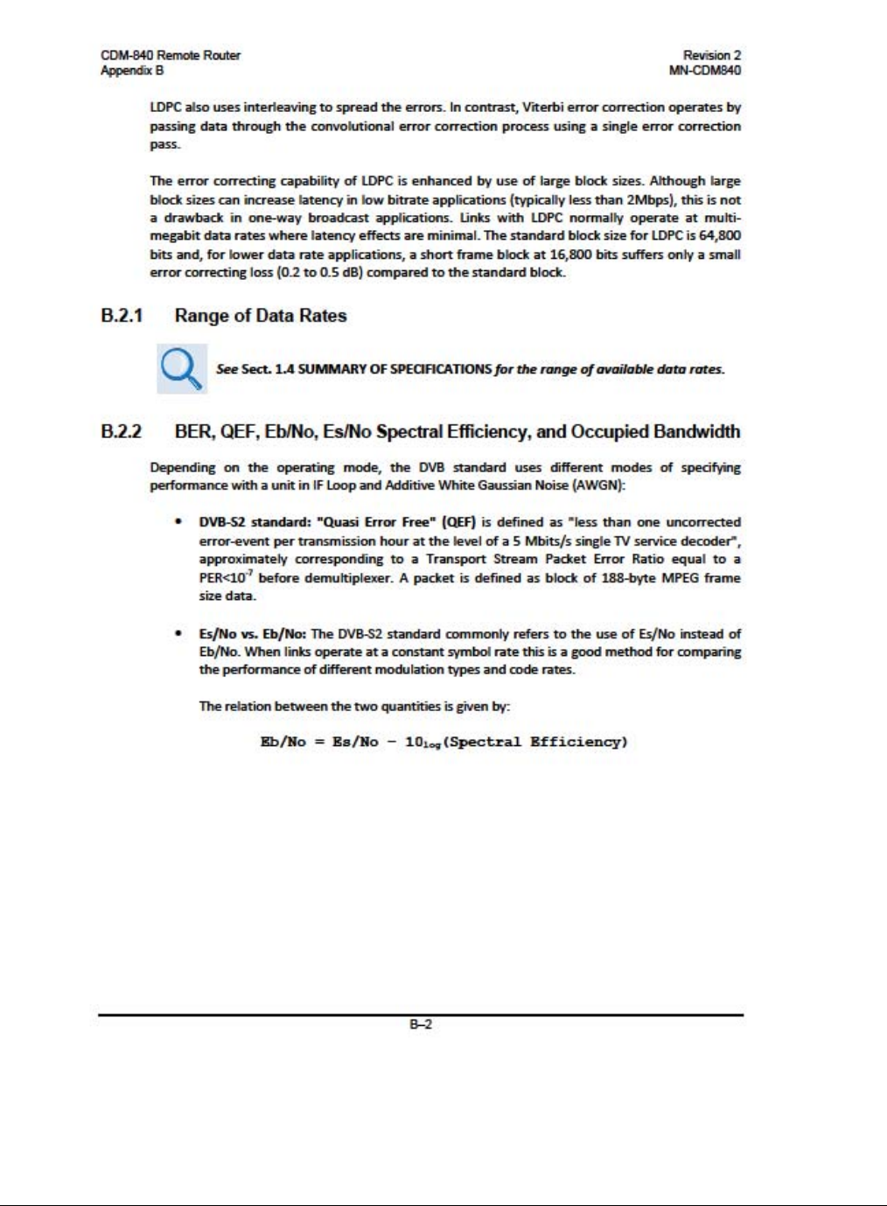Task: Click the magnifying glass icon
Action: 182,368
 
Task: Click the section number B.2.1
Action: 122,316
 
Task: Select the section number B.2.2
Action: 122,431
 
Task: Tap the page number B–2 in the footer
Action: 421,1024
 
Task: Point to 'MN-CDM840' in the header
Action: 704,70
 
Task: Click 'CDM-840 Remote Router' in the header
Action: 171,55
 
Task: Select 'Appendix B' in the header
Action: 132,70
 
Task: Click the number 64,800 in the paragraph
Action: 720,235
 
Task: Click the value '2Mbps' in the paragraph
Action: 650,199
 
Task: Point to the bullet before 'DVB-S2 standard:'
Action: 178,522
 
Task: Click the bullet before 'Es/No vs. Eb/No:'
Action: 178,633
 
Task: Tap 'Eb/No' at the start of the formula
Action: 283,742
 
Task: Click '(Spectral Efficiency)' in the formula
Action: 535,742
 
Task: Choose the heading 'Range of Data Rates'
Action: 261,316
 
